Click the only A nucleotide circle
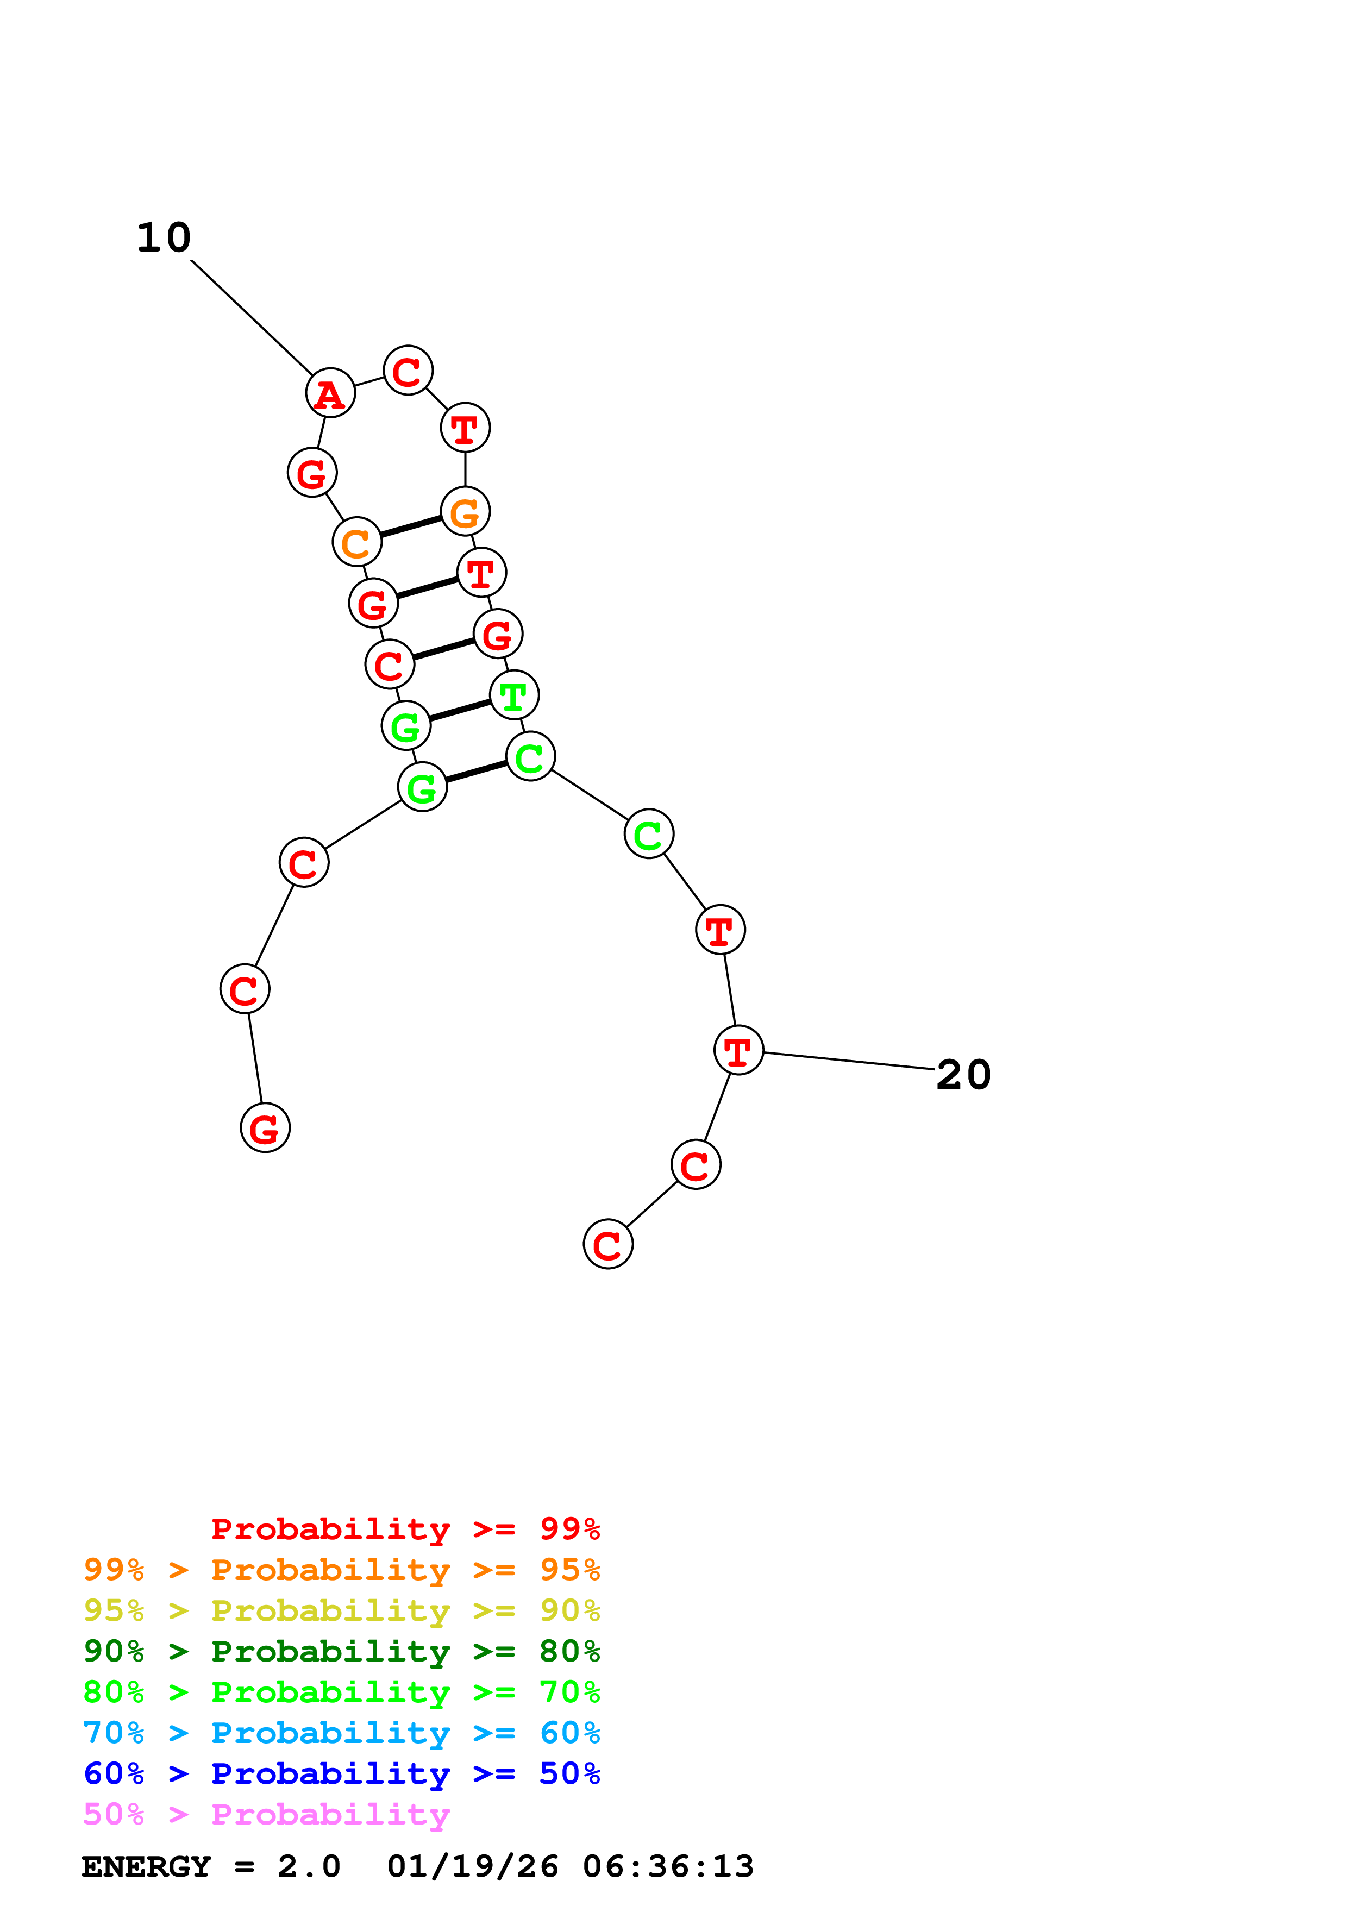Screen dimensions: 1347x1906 [x=330, y=393]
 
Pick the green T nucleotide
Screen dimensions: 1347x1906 [x=513, y=695]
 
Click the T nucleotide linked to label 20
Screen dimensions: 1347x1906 [x=738, y=1050]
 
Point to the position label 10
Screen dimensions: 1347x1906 [x=164, y=238]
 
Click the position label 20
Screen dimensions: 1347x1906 [x=963, y=1075]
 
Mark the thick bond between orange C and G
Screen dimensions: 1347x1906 [x=411, y=526]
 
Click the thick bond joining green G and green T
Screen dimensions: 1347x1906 [x=460, y=711]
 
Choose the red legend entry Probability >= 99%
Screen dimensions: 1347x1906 [x=405, y=1528]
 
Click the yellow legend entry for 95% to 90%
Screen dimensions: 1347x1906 [x=341, y=1610]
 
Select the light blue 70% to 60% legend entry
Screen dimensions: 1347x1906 [x=341, y=1733]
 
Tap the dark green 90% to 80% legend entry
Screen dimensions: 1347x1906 [x=341, y=1651]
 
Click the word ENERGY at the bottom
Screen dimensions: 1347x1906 [x=146, y=1866]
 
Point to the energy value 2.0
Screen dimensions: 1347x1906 [x=309, y=1866]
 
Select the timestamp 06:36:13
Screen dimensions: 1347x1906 [x=668, y=1866]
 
